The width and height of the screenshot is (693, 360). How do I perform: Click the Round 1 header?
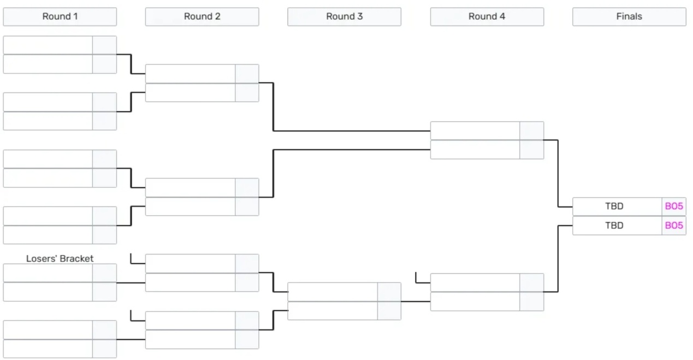[60, 16]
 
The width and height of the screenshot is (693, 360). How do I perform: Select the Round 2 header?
[202, 16]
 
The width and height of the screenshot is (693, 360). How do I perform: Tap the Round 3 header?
[345, 16]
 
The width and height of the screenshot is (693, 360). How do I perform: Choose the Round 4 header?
[487, 16]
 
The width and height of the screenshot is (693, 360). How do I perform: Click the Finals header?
[629, 16]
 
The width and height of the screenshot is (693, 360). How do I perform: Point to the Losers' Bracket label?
[60, 258]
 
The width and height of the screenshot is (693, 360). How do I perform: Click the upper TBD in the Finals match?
[614, 206]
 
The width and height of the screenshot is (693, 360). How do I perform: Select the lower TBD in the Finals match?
[614, 226]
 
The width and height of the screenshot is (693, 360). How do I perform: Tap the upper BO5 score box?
[674, 206]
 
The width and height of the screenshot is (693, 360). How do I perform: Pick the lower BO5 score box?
[674, 226]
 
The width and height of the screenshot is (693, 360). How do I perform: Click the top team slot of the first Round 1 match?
[48, 45]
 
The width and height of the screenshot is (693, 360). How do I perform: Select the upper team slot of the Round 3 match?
[333, 292]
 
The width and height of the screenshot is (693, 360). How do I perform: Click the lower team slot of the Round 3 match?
[333, 311]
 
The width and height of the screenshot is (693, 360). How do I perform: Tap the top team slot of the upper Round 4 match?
[475, 131]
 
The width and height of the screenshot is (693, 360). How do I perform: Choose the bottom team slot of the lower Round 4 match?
[475, 302]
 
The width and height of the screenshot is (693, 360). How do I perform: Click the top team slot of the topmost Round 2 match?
[190, 74]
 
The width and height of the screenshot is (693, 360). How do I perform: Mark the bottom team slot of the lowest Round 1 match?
[48, 349]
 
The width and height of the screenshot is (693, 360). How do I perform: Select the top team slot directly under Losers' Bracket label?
[48, 273]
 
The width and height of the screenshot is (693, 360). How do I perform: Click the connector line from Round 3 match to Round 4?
[416, 302]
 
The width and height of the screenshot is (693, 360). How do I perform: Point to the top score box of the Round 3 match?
[389, 292]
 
